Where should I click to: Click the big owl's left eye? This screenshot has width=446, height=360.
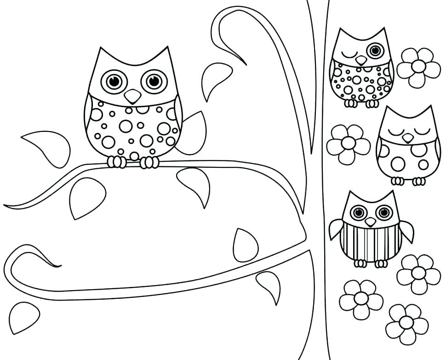pyautogui.click(x=114, y=81)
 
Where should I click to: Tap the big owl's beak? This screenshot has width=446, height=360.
pyautogui.click(x=133, y=96)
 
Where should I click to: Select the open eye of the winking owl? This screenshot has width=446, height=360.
pyautogui.click(x=375, y=50)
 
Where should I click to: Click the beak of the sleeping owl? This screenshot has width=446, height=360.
pyautogui.click(x=407, y=137)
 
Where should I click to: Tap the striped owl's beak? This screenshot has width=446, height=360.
pyautogui.click(x=370, y=222)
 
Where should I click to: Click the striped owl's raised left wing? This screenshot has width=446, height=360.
pyautogui.click(x=336, y=229)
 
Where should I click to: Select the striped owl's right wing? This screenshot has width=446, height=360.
pyautogui.click(x=406, y=230)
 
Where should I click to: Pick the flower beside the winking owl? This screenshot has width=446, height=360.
pyautogui.click(x=418, y=68)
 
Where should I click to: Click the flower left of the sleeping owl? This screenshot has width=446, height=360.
pyautogui.click(x=348, y=144)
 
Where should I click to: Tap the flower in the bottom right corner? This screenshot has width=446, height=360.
pyautogui.click(x=406, y=323)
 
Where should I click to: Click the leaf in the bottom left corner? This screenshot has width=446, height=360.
pyautogui.click(x=23, y=317)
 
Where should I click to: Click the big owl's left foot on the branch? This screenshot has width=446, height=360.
pyautogui.click(x=116, y=162)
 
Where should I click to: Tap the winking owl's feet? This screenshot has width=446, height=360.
pyautogui.click(x=361, y=103)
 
